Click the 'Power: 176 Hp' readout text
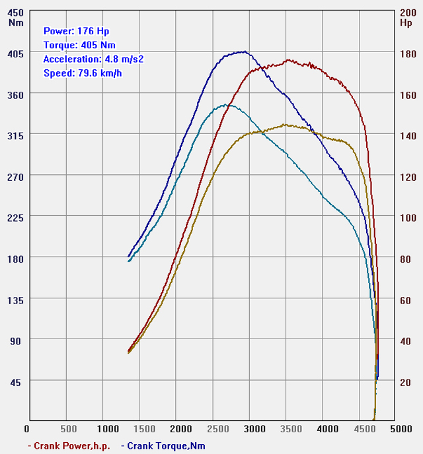76,30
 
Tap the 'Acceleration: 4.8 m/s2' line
93,59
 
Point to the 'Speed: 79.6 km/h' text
83,73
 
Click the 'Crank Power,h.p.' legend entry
69,445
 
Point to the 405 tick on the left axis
15,53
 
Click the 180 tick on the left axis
15,258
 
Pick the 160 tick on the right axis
408,94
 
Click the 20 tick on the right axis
406,382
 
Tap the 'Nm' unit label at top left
15,22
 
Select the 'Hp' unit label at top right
406,22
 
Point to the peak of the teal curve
225,104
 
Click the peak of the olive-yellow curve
284,124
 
